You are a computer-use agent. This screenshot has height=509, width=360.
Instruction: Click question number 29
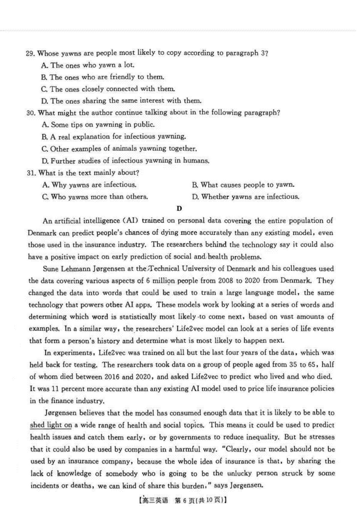pos(31,54)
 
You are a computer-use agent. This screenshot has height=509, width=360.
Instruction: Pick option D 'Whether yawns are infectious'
pos(246,197)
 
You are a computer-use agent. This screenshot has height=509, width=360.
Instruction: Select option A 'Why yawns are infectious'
pos(89,185)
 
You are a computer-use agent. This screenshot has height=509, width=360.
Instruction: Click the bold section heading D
pos(179,209)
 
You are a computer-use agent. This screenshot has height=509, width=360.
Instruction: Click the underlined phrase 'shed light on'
pos(51,425)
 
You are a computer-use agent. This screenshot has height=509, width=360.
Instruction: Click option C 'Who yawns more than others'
pos(95,197)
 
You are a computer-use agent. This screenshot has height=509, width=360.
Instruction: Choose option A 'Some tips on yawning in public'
pos(99,125)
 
